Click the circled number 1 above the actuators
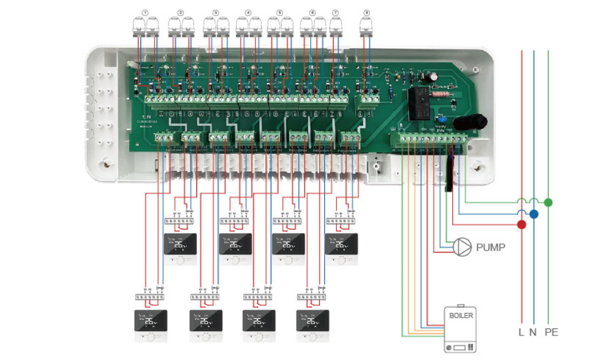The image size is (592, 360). (145, 12)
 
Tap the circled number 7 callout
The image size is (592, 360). (335, 12)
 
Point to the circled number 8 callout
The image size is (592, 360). (367, 12)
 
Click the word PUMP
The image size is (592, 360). (490, 247)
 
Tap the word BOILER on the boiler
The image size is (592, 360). (460, 316)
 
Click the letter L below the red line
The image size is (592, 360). (521, 333)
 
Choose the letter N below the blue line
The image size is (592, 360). (533, 333)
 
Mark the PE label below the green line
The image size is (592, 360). (551, 333)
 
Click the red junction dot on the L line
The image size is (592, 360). (521, 225)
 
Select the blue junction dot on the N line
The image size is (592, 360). (533, 214)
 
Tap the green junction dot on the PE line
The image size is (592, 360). (548, 202)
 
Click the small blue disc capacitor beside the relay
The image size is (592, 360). (441, 118)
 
